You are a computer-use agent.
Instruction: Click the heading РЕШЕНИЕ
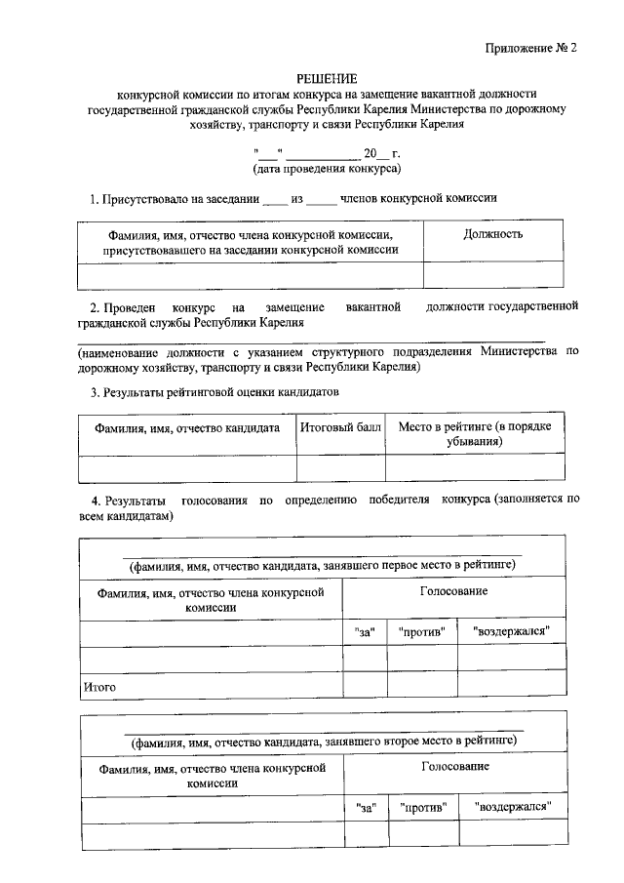(327, 78)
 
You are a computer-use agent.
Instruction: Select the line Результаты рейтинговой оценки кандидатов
(214, 393)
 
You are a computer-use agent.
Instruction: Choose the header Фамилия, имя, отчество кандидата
(187, 427)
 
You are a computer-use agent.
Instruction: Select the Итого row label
(99, 687)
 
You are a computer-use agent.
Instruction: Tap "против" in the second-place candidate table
(422, 808)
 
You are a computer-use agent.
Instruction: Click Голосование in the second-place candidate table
(454, 767)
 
